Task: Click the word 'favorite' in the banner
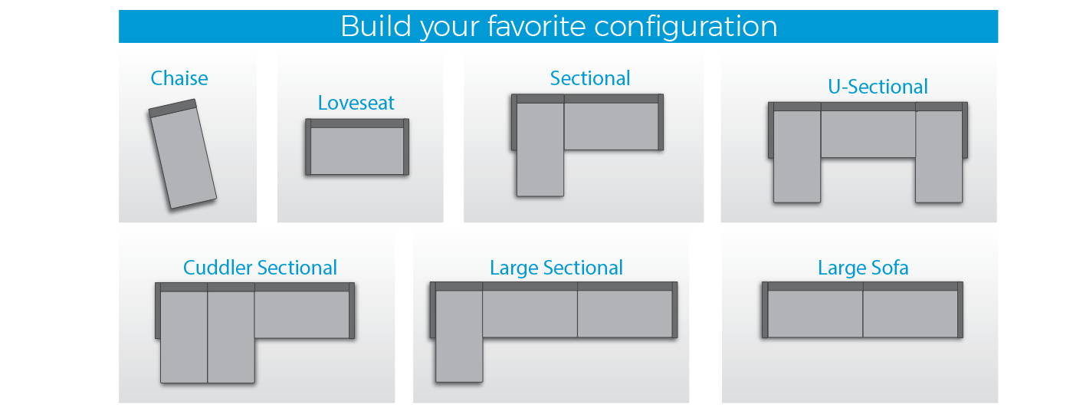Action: pos(536,26)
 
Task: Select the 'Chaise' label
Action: pos(179,78)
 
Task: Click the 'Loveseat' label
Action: pos(356,103)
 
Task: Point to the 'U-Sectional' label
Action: pos(878,87)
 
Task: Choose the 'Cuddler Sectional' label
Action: pos(260,268)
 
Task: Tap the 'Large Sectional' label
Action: pos(556,268)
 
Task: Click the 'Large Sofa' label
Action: pos(863,268)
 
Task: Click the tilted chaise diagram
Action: pos(182,154)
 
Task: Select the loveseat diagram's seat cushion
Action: pos(357,151)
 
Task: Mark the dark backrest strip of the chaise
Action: pos(172,108)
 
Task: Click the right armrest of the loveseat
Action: pos(406,146)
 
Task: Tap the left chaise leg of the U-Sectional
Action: pos(796,156)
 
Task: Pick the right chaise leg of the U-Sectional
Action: pos(939,156)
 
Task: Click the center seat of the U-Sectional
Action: pos(868,133)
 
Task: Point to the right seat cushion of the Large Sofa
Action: pos(911,314)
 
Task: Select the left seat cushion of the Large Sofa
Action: pos(815,314)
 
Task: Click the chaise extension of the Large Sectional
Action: pos(459,337)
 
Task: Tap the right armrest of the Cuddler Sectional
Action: pos(352,311)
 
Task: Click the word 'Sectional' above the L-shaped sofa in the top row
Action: pos(589,78)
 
